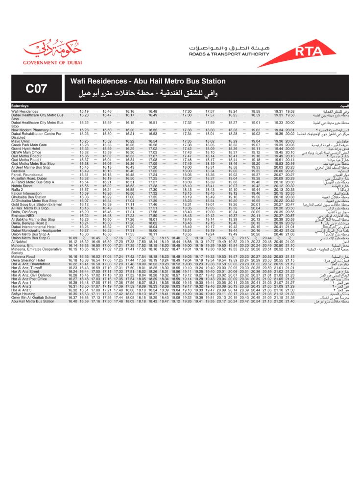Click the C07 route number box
36,88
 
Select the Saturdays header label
21,105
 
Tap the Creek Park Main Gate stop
29,145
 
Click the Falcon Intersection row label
27,195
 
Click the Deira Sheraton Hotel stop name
29,260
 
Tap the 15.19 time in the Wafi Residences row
84,111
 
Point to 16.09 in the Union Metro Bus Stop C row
72,238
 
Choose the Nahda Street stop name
22,186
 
